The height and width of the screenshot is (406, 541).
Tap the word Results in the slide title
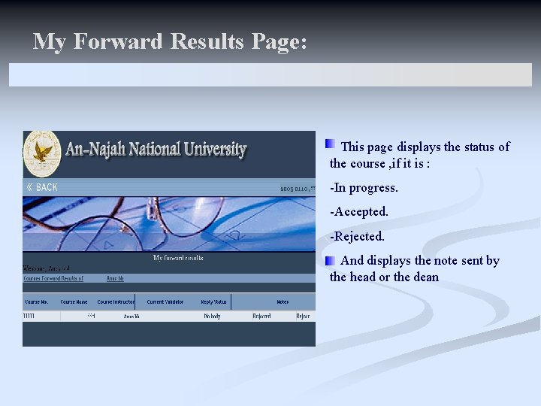(207, 41)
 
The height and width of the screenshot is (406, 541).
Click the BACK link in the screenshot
(42, 187)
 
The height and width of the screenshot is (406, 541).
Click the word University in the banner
(215, 149)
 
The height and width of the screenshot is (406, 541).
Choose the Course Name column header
(74, 302)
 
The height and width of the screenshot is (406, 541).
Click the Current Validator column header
(165, 302)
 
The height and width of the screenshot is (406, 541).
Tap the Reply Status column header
(213, 302)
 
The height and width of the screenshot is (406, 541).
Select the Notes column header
(283, 302)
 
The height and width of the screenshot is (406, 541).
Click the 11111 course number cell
(30, 317)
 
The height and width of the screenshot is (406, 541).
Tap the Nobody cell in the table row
(213, 317)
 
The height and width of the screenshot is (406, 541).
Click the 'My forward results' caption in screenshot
(178, 258)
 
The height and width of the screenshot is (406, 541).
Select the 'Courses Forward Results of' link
(53, 278)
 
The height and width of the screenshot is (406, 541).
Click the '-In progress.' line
(364, 188)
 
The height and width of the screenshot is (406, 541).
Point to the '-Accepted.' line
(359, 212)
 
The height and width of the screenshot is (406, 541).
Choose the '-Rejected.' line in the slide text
(357, 236)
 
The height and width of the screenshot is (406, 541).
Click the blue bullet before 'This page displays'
(330, 144)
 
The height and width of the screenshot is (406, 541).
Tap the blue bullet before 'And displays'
(330, 260)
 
